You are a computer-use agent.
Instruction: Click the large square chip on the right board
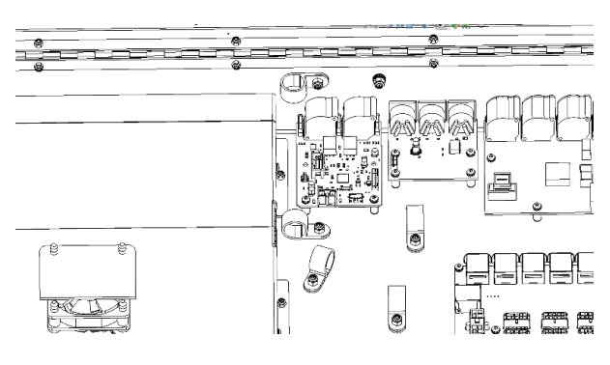[559, 177]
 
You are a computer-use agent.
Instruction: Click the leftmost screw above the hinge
[37, 42]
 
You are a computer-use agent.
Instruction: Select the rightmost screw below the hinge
[432, 65]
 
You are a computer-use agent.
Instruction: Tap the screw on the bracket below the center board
[415, 238]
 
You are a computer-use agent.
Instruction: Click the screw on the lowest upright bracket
[395, 318]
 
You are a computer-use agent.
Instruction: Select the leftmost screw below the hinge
[38, 66]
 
